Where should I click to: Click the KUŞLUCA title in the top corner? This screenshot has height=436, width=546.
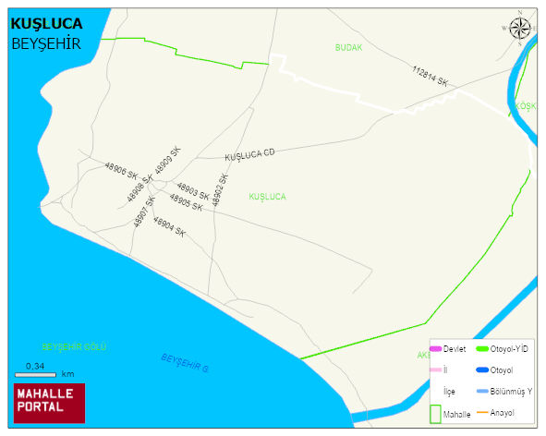(x=46, y=23)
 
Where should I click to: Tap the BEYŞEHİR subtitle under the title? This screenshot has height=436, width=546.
(x=45, y=43)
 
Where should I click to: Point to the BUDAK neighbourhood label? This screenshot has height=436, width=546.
(x=348, y=47)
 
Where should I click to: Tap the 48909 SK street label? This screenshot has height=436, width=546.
(x=168, y=160)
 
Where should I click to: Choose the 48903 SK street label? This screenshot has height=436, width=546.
(x=192, y=190)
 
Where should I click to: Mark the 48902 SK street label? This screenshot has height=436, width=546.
(x=220, y=189)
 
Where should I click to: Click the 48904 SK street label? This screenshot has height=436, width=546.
(x=169, y=227)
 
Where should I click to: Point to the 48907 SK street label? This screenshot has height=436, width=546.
(x=144, y=212)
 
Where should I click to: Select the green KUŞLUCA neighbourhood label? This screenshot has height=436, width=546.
(x=267, y=197)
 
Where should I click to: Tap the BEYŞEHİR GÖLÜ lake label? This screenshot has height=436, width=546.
(x=74, y=346)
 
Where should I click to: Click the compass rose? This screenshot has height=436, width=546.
(x=520, y=28)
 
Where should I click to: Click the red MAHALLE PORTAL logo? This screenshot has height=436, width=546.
(x=49, y=402)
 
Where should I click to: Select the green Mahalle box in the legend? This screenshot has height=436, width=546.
(x=435, y=414)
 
